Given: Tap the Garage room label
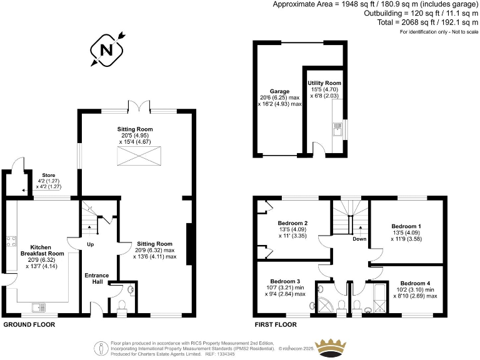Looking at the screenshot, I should (279, 91).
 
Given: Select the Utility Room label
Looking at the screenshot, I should (324, 82).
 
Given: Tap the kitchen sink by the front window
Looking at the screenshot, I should (41, 306).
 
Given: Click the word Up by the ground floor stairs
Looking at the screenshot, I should (90, 244).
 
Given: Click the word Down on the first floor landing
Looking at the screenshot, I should (359, 239).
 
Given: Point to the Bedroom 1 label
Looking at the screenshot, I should (406, 226).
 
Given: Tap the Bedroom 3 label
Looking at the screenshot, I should (285, 281).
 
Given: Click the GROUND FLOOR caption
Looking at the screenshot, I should (29, 325).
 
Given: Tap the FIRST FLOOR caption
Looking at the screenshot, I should (277, 325).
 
